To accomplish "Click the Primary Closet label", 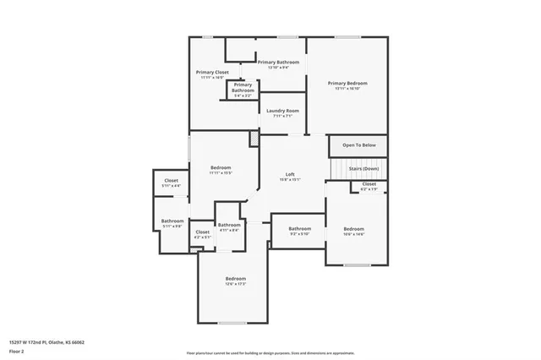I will [x=212, y=73].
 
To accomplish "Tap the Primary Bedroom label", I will [x=347, y=84].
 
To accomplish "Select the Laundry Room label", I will [x=282, y=111].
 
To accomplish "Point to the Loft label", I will [x=289, y=174].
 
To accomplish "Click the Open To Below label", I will [x=358, y=145].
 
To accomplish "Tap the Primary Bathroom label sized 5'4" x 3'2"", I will [x=242, y=87].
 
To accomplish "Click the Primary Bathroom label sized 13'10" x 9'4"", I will [x=280, y=63].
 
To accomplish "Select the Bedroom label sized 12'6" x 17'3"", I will [x=235, y=279].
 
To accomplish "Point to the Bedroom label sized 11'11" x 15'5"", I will [x=221, y=168].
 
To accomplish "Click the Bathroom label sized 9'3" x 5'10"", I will [x=299, y=229].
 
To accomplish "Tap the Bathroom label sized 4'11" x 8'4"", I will [x=229, y=226].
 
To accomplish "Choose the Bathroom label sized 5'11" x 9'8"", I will [x=172, y=221].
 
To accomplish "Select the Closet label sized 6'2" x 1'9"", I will [x=369, y=184].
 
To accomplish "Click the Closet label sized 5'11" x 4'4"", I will [x=171, y=181].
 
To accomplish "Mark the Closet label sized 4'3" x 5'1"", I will [x=202, y=232].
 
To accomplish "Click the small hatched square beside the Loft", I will [x=254, y=137].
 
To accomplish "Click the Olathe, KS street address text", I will [x=46, y=342].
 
